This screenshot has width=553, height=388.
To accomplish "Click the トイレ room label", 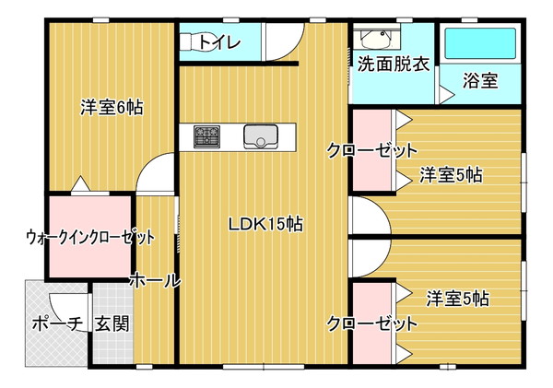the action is (219, 42).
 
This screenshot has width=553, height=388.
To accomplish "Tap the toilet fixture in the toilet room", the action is (192, 42).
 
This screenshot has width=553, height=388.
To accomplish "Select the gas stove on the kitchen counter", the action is (206, 136).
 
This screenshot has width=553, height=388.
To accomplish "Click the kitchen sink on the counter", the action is (261, 136).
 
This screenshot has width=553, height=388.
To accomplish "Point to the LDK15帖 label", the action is (265, 224).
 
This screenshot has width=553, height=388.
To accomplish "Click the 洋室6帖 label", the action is (112, 107).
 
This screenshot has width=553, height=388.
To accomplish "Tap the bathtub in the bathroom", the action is (480, 43).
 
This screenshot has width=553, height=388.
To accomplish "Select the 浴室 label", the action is (480, 81).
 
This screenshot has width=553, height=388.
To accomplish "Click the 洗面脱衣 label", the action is (394, 65).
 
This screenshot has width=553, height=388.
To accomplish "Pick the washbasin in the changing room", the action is (377, 39).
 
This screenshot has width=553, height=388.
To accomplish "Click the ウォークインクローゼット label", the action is (90, 238).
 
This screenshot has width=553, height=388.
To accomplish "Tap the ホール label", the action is (155, 281).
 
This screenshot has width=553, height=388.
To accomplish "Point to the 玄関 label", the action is (112, 323).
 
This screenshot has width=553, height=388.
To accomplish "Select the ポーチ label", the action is (58, 323).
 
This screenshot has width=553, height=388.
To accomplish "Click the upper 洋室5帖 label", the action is (451, 175).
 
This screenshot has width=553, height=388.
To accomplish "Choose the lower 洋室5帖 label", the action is (458, 299).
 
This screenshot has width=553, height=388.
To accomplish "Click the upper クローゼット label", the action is (371, 150).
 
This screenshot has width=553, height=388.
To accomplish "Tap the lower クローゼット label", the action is (371, 323).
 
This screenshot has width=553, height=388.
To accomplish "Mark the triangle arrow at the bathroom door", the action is (447, 94).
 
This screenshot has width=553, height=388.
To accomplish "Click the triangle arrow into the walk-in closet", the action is (81, 183).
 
